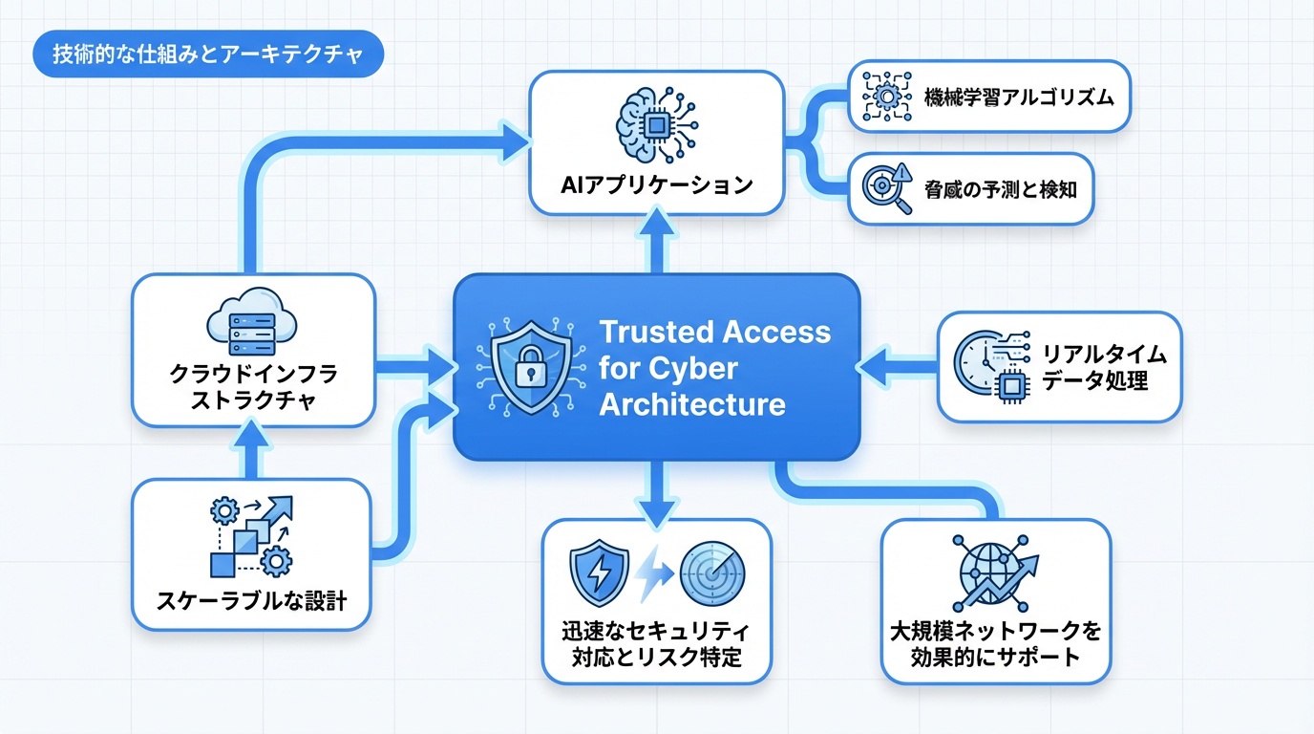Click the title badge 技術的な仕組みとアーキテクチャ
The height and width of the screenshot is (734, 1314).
coord(207,55)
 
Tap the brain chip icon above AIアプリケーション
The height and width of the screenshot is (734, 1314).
coord(656,123)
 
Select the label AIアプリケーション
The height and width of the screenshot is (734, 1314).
coord(657,184)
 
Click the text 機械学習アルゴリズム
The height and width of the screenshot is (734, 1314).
coord(1019,97)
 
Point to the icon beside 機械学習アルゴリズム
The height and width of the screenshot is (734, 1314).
coord(888,97)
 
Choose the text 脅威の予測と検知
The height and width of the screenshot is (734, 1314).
coord(1001,188)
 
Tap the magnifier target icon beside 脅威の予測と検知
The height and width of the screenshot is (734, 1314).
coord(887,187)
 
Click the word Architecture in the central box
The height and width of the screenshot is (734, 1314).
coord(692,403)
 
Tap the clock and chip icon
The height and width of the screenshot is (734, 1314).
coord(990,366)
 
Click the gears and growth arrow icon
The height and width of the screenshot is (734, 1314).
coord(251,536)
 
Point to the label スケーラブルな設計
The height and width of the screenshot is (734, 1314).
coord(251,601)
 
